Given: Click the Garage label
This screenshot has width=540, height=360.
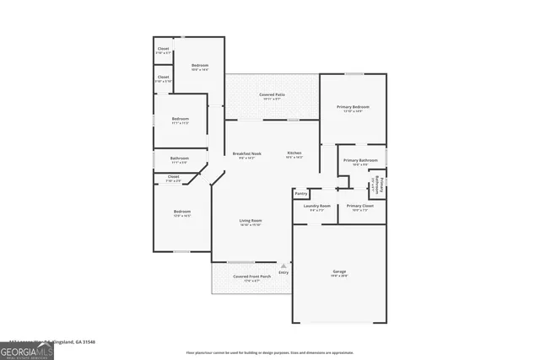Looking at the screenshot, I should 338,271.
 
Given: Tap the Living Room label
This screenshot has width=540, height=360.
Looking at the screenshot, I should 251,221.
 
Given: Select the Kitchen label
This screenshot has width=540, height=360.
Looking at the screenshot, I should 294,153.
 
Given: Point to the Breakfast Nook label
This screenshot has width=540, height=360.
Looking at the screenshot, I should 247,153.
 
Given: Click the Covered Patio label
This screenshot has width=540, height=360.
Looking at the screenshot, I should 271,95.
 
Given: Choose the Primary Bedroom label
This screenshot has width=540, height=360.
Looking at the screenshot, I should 353,108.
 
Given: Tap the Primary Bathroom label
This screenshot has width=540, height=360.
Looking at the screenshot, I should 359,160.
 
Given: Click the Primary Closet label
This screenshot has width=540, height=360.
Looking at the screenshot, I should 359,206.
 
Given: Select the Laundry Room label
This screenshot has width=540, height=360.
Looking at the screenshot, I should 316,206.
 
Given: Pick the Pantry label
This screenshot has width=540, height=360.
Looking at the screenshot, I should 301,193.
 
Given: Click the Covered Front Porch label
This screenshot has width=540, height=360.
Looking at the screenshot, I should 251,277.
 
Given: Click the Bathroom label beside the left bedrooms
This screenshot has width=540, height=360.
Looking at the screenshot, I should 179,159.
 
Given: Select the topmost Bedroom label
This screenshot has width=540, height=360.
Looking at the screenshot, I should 199,66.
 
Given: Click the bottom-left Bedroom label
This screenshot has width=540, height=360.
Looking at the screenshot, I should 182,212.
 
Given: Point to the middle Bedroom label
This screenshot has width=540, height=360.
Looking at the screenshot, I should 180,119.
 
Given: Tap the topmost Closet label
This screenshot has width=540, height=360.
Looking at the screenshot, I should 163,49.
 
